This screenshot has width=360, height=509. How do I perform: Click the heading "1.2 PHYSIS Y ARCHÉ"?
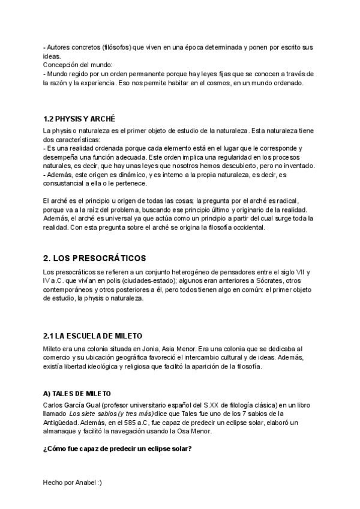tap(79, 119)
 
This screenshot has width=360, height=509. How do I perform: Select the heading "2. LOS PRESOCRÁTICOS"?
tap(95, 259)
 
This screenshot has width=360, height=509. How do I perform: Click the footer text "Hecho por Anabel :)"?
tap(73, 483)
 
